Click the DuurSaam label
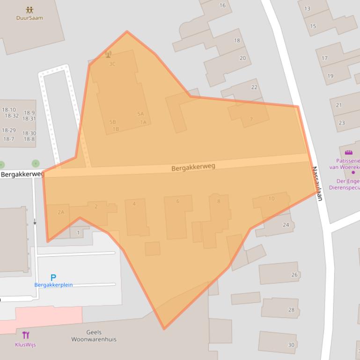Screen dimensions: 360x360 29,18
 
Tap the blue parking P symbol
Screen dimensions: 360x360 53,278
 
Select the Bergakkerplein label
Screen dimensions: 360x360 53,285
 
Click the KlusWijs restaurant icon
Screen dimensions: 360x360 26,335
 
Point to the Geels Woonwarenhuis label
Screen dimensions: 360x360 94,336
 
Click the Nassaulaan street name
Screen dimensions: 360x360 317,183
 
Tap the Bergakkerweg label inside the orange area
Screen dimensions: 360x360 193,167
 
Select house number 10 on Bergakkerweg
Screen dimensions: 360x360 271,199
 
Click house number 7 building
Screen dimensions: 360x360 251,119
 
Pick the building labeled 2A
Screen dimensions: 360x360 61,212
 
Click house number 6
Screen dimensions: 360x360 177,202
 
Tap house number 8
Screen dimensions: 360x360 218,202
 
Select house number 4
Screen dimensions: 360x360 134,204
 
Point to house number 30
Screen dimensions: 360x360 291,345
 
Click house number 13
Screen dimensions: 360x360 307,8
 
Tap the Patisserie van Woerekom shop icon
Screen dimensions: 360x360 348,152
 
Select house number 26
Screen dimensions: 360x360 294,274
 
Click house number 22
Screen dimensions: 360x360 254,87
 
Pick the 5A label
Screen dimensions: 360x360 140,114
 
